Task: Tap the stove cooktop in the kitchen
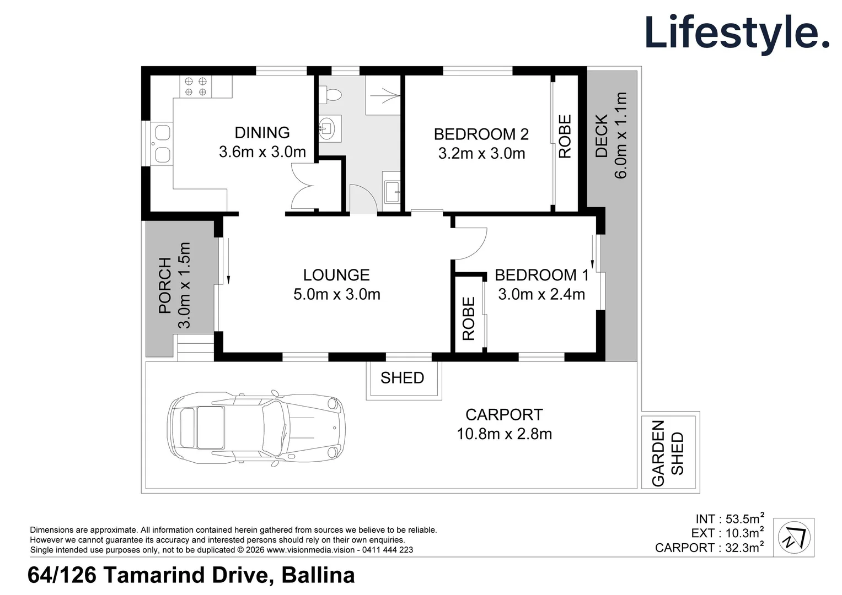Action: [195, 86]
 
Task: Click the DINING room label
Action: [262, 133]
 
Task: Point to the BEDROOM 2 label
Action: [481, 134]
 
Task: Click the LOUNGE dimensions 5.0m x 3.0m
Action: [337, 294]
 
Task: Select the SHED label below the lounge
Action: [402, 378]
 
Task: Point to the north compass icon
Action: [794, 538]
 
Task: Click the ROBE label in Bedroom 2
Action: [565, 137]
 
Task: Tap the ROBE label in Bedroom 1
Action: [468, 319]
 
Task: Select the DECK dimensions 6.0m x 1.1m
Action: [620, 135]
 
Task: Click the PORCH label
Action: [165, 286]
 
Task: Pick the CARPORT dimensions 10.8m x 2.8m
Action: [504, 434]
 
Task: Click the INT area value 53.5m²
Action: [744, 518]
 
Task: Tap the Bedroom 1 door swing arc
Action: [479, 250]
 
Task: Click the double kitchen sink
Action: [162, 143]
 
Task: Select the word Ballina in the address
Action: [318, 575]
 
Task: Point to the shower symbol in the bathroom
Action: [383, 95]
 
